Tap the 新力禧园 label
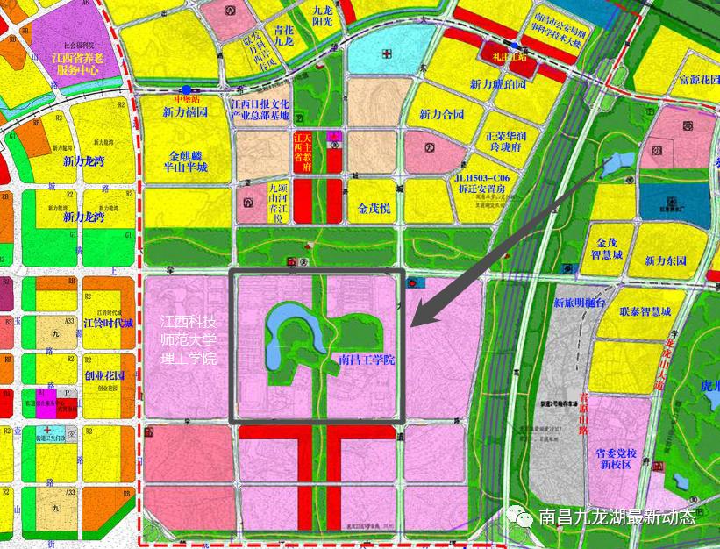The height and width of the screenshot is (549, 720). click(185, 112)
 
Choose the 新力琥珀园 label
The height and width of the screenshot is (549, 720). click(497, 85)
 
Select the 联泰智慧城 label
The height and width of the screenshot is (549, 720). click(645, 311)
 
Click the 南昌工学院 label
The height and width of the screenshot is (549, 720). click(367, 360)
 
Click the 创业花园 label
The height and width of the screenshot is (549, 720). click(104, 375)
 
